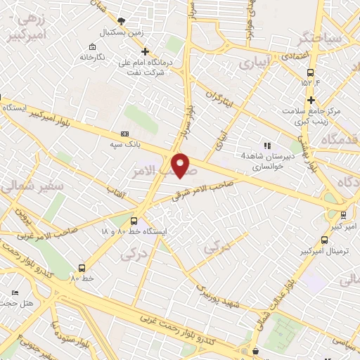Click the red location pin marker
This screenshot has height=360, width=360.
[181, 165]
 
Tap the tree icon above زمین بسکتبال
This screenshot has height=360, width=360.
[122, 21]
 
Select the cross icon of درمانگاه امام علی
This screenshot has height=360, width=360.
[146, 51]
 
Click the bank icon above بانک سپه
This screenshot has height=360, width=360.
[125, 134]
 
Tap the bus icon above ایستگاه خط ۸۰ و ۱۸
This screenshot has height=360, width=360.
[134, 221]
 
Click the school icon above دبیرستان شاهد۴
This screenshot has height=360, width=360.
[267, 145]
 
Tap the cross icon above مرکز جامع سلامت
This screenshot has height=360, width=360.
[310, 101]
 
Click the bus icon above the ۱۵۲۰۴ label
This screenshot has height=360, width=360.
[310, 72]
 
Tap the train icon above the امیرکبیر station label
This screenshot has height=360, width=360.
[342, 215]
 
